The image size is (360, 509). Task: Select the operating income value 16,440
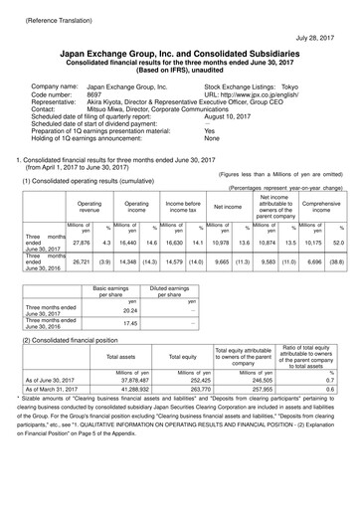click(125, 243)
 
